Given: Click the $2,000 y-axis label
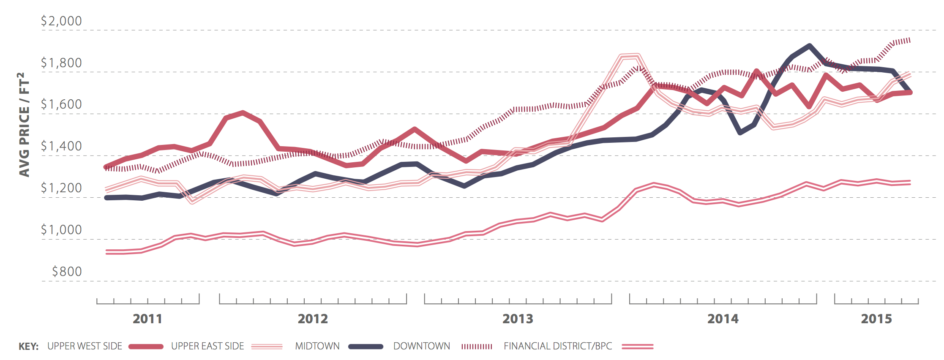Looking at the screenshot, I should pyautogui.click(x=61, y=21).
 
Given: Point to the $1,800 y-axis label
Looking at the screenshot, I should pyautogui.click(x=61, y=63).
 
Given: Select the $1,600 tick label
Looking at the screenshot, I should pyautogui.click(x=61, y=104).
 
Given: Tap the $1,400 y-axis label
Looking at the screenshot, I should pyautogui.click(x=61, y=146).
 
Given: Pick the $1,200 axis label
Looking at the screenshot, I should pyautogui.click(x=61, y=188).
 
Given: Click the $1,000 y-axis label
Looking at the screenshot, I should pyautogui.click(x=61, y=230).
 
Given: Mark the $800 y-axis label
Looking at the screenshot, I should pyautogui.click(x=67, y=272).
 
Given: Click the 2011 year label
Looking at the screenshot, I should pyautogui.click(x=147, y=319).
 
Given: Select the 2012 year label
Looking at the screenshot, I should pyautogui.click(x=313, y=319).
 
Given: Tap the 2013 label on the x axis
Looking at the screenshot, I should pyautogui.click(x=518, y=319).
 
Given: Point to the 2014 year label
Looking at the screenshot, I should pyautogui.click(x=723, y=319).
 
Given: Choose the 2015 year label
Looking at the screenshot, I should pyautogui.click(x=876, y=319).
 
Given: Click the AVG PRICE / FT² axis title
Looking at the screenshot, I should pyautogui.click(x=24, y=125).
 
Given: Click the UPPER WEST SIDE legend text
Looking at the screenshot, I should pyautogui.click(x=85, y=346).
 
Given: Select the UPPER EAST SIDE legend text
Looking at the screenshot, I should pyautogui.click(x=207, y=346).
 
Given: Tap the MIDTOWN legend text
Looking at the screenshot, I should pyautogui.click(x=317, y=346).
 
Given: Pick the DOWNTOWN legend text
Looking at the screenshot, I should pyautogui.click(x=421, y=346).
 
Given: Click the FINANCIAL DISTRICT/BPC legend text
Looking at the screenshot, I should pyautogui.click(x=558, y=346).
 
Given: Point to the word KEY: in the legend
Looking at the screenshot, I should pyautogui.click(x=28, y=346).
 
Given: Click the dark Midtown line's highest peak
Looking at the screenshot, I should pyautogui.click(x=809, y=46).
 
